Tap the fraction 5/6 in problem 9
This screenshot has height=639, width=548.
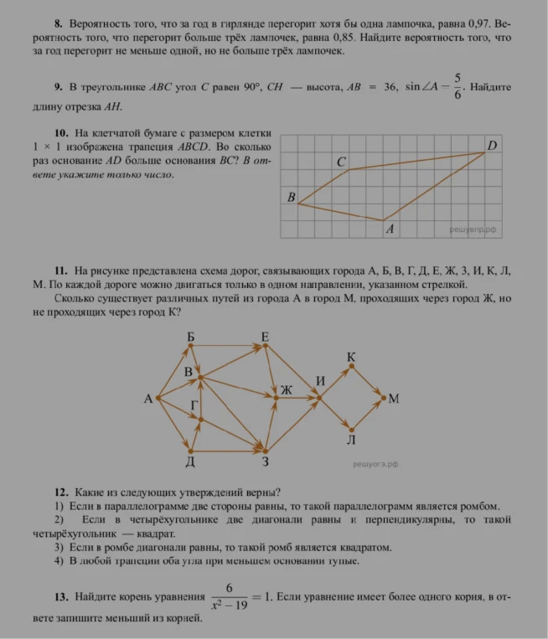click(x=458, y=86)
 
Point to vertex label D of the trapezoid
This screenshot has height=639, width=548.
click(x=492, y=146)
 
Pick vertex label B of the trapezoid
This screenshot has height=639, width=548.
click(x=292, y=198)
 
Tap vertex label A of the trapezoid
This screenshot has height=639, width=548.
click(x=390, y=228)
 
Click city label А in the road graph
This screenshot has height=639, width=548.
click(x=147, y=399)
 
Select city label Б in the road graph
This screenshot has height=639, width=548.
click(x=191, y=338)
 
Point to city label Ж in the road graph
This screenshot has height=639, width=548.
click(x=286, y=389)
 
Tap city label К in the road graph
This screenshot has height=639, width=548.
click(x=351, y=358)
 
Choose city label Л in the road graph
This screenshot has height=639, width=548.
click(x=351, y=440)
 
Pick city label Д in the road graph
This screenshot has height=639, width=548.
click(x=191, y=461)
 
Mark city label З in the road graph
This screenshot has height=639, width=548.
click(x=265, y=461)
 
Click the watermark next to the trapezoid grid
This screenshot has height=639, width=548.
click(x=473, y=227)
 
